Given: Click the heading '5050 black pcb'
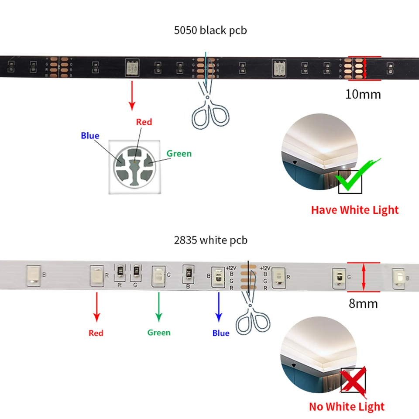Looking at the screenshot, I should click(x=210, y=31).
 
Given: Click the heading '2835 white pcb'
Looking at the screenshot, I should click(x=210, y=240).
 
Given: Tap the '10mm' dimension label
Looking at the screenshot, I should click(x=363, y=94).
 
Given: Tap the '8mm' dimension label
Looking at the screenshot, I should click(x=363, y=303).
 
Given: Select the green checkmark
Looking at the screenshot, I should click(x=356, y=176).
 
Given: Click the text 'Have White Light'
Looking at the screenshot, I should click(x=354, y=210).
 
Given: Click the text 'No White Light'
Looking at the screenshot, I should click(x=347, y=407).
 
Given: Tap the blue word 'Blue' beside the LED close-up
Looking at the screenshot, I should click(x=90, y=136).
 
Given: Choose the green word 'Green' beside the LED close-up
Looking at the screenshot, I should click(x=179, y=154).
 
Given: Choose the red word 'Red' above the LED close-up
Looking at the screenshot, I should click(x=144, y=122).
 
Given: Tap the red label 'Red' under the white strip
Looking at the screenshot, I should click(x=96, y=333).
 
